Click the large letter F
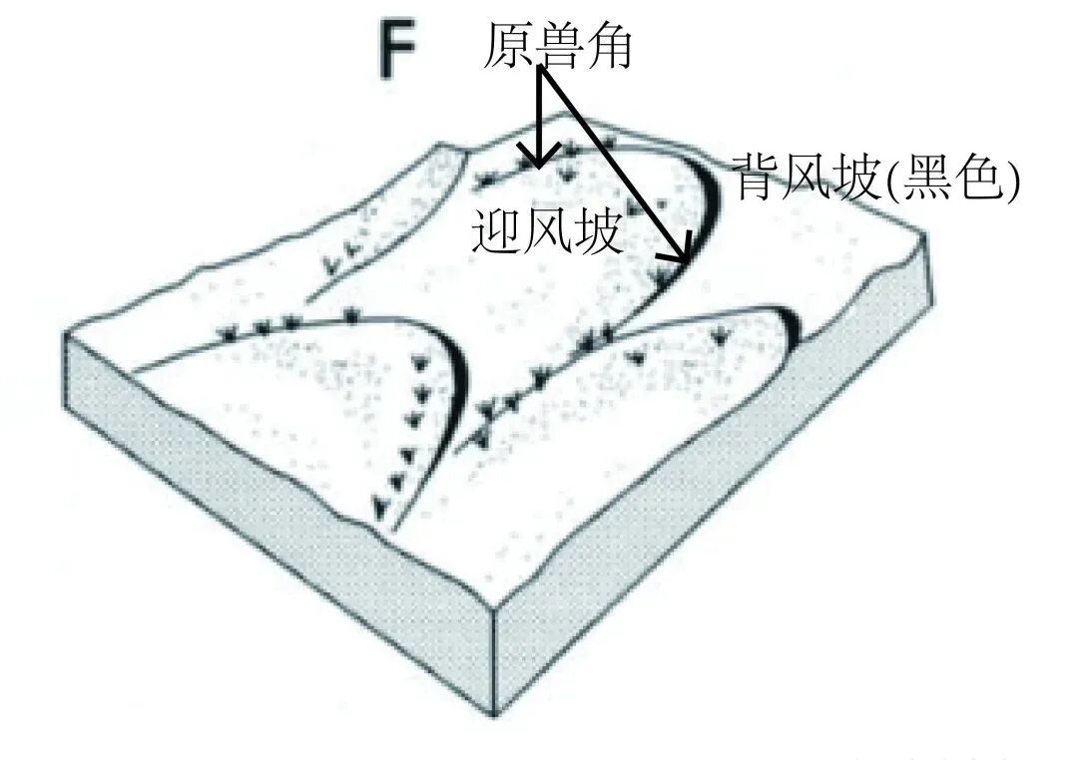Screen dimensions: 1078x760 [x=397, y=51]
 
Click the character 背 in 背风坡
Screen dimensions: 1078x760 [x=758, y=179]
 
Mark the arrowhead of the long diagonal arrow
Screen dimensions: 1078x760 [x=687, y=257]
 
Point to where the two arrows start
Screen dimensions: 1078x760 [x=543, y=72]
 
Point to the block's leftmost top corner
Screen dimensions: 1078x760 [x=66, y=334]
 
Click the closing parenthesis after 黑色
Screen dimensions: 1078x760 [x=1012, y=182]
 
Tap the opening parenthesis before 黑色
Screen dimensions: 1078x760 [x=890, y=182]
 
